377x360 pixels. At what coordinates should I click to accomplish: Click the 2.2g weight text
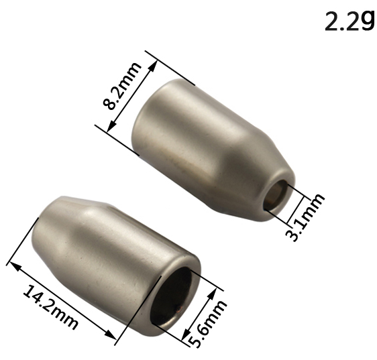click(349, 21)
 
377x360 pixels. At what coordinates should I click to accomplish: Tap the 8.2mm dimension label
click(121, 86)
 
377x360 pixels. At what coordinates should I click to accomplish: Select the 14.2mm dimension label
click(50, 307)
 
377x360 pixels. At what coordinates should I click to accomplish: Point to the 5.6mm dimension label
click(207, 323)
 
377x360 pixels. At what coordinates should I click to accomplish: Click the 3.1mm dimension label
click(305, 217)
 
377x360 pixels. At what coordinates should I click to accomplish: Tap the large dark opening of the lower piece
click(171, 296)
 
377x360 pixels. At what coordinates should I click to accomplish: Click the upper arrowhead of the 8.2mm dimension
click(153, 66)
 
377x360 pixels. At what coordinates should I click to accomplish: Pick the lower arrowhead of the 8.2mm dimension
click(111, 127)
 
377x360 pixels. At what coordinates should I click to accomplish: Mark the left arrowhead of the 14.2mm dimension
click(13, 265)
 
